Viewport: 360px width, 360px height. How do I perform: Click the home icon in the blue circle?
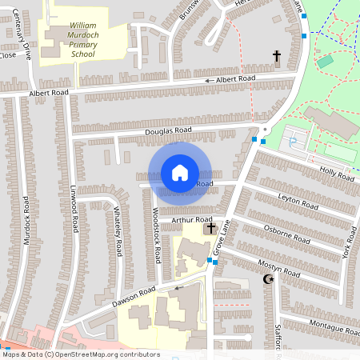click(180, 172)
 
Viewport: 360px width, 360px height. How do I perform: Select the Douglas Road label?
click(168, 130)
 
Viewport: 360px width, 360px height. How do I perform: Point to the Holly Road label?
click(336, 174)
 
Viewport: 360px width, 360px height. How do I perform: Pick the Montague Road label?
click(334, 330)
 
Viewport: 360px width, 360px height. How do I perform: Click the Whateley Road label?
click(117, 230)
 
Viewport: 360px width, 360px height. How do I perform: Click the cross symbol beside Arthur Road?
click(211, 228)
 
